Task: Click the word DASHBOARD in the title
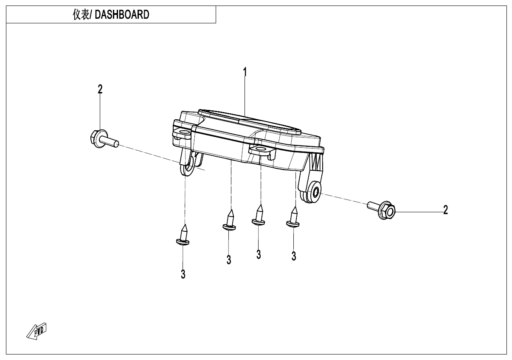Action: pyautogui.click(x=121, y=15)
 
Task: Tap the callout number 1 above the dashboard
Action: pyautogui.click(x=245, y=73)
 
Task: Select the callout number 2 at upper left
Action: pyautogui.click(x=100, y=89)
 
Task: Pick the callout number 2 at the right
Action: pyautogui.click(x=445, y=210)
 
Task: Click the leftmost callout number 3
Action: pyautogui.click(x=183, y=274)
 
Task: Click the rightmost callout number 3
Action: pyautogui.click(x=294, y=256)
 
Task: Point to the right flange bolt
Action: pyautogui.click(x=382, y=210)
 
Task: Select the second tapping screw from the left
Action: pyautogui.click(x=229, y=221)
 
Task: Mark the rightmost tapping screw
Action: pyautogui.click(x=293, y=217)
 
